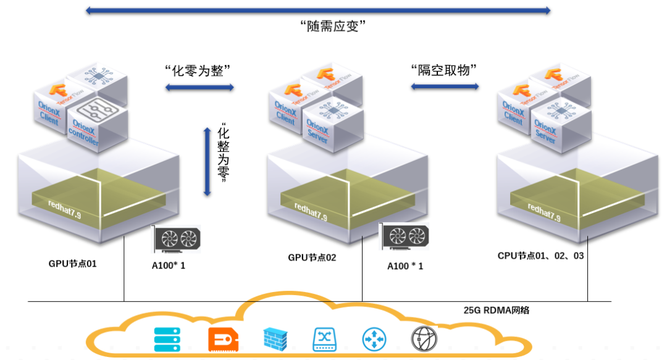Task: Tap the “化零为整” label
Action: click(x=201, y=70)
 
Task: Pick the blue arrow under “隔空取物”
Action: click(x=445, y=86)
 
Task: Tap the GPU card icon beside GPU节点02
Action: click(x=404, y=237)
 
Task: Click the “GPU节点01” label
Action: click(x=73, y=264)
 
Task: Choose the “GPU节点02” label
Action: click(x=313, y=257)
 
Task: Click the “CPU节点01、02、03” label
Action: click(x=540, y=255)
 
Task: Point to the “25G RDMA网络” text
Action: click(x=497, y=311)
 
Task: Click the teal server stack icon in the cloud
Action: click(x=167, y=339)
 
